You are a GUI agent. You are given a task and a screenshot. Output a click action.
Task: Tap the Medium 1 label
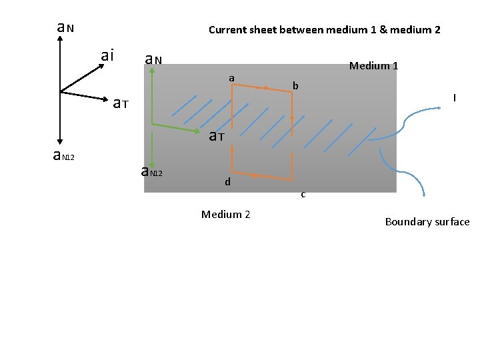coord(373,65)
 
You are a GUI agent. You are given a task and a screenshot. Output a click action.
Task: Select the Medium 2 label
coord(225,214)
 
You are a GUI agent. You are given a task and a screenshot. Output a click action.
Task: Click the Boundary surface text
coord(427,222)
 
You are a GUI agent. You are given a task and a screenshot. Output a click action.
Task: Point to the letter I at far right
coord(454,98)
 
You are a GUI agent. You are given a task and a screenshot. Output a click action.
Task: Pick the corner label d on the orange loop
coord(227,181)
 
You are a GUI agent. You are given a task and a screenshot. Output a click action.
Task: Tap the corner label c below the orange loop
coord(303,195)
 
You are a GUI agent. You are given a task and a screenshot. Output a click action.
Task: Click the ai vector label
coord(107,55)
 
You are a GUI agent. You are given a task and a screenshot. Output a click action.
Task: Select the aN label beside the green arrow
coord(154,60)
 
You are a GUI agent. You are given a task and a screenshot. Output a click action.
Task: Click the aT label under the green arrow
coord(216,137)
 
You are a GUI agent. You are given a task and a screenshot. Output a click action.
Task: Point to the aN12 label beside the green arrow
coord(152,171)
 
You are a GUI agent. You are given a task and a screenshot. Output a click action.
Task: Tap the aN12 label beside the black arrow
coord(64,156)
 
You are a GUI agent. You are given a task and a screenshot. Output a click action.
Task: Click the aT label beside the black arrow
coord(120,103)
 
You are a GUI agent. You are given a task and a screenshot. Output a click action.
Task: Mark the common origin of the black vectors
coord(60,91)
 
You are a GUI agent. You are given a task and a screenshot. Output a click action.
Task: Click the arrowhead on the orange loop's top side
coord(267,88)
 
